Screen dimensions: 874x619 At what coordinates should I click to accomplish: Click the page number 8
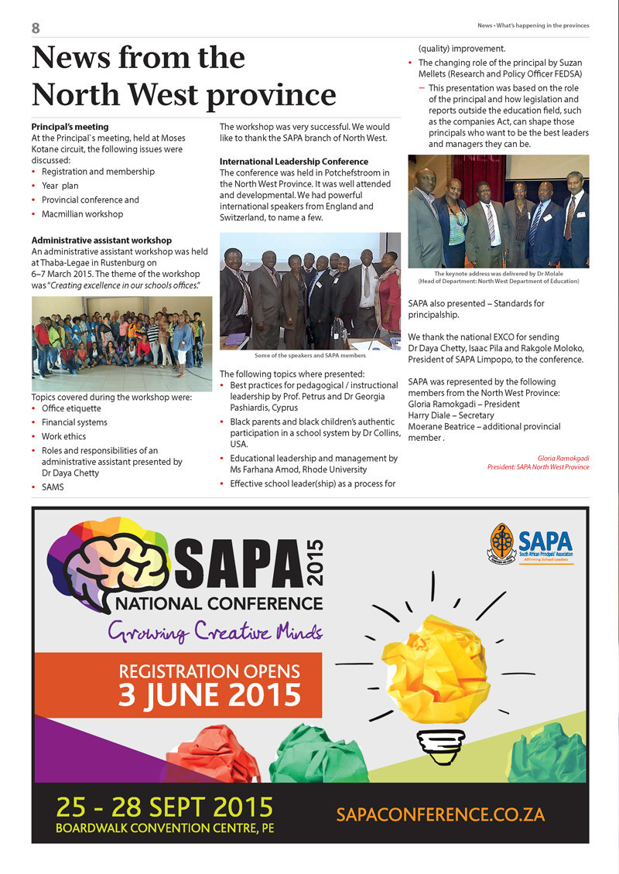pos(36,28)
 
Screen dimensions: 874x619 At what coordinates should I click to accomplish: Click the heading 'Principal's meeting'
pos(70,127)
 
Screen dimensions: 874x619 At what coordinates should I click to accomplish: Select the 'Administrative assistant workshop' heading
pos(101,241)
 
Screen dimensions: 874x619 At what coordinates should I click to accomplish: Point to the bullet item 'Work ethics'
pos(63,437)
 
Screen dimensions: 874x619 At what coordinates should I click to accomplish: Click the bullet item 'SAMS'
pos(53,488)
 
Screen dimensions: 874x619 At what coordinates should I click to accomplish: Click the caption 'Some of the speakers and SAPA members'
pos(309,356)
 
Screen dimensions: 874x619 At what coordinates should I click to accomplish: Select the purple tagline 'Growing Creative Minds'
pos(216,631)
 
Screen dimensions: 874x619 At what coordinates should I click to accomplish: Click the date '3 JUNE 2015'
pos(209,693)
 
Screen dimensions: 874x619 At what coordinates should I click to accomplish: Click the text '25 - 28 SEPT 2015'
pos(164,807)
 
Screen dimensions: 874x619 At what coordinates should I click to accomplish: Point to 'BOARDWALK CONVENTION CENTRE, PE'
pos(164,828)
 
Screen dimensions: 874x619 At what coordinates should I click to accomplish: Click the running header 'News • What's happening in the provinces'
pos(533,26)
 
